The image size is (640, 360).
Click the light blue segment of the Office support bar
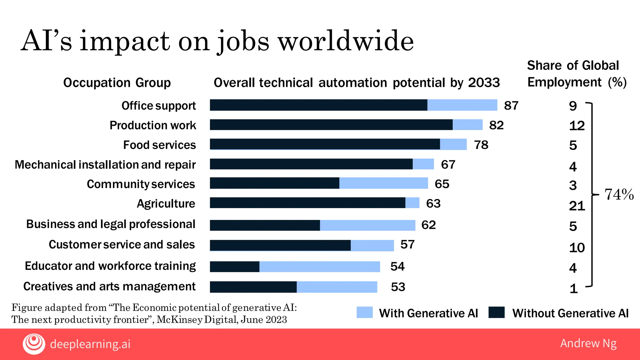click(462, 105)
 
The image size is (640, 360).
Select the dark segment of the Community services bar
click(274, 183)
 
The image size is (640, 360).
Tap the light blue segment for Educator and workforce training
click(319, 267)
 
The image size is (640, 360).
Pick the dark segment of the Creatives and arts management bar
click(253, 287)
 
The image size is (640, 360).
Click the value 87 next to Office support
click(511, 106)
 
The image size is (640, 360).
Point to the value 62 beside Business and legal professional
click(428, 225)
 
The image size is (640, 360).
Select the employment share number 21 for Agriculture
click(577, 206)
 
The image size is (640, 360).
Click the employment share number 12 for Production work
click(577, 126)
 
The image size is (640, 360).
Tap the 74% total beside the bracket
click(619, 194)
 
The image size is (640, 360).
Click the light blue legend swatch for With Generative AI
click(365, 312)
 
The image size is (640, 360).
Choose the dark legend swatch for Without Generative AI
click(497, 312)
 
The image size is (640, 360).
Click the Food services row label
click(159, 145)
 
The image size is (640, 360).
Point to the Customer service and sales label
click(122, 244)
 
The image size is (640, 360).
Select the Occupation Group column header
click(117, 83)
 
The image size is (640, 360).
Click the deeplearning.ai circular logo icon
click(34, 344)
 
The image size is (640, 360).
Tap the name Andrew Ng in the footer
click(588, 343)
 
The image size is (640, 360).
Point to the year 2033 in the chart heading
click(484, 83)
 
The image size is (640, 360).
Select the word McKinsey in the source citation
click(179, 320)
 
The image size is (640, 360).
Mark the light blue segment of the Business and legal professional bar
click(367, 225)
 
